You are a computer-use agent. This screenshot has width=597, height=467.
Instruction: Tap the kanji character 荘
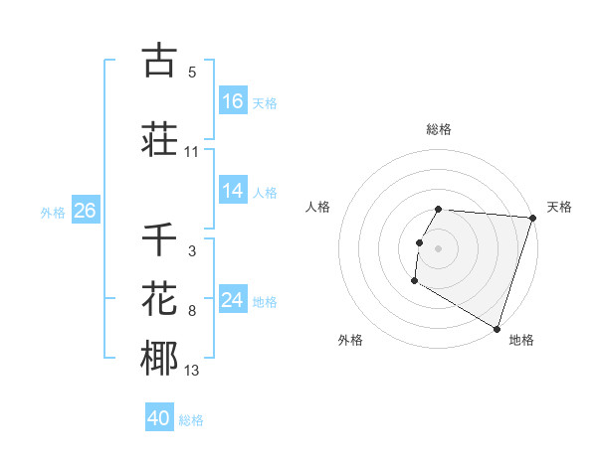[159, 139]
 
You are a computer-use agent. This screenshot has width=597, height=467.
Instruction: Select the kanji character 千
[159, 238]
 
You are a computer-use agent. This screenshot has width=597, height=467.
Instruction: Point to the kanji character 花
[159, 299]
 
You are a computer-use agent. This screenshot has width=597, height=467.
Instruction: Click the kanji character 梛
[159, 359]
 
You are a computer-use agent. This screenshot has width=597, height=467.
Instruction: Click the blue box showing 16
[233, 101]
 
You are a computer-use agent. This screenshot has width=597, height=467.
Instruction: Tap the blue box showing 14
[233, 192]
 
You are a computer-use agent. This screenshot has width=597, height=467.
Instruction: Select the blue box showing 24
[233, 300]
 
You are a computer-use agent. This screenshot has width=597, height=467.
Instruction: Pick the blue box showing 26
[85, 211]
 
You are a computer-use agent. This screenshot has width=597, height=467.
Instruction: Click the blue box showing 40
[159, 418]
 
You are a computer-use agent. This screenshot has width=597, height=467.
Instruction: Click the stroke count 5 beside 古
[192, 73]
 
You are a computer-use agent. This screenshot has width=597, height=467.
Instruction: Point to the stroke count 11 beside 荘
[192, 152]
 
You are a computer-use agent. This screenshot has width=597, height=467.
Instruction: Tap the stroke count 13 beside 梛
[192, 372]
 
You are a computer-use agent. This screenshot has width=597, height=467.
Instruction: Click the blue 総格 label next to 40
[191, 420]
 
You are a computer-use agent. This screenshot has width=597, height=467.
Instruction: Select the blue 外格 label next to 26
[53, 213]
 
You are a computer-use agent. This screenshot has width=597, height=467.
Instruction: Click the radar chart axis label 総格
[438, 129]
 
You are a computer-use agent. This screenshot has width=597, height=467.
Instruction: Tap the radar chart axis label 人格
[318, 207]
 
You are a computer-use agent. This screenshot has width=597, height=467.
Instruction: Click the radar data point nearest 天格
[532, 218]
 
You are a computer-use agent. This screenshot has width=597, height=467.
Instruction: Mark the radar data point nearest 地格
[497, 327]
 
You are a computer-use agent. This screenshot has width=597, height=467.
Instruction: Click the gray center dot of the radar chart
[438, 247]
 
